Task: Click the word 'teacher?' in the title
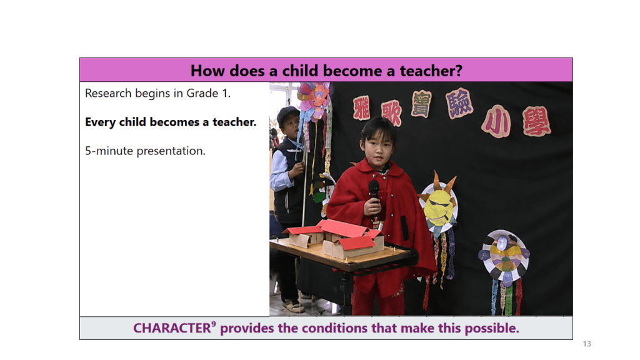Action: pos(431,71)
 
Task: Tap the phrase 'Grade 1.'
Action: pos(209,94)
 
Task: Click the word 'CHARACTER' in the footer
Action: pos(172,329)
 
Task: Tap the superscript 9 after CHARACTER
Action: pos(214,324)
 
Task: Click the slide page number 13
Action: pos(587,344)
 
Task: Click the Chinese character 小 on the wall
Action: pos(496,122)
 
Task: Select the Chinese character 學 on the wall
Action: pos(536,122)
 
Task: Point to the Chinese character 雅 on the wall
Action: pos(362,107)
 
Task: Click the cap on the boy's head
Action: pos(287,114)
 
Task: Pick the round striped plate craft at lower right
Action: pos(504,256)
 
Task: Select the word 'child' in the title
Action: pos(300,71)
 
